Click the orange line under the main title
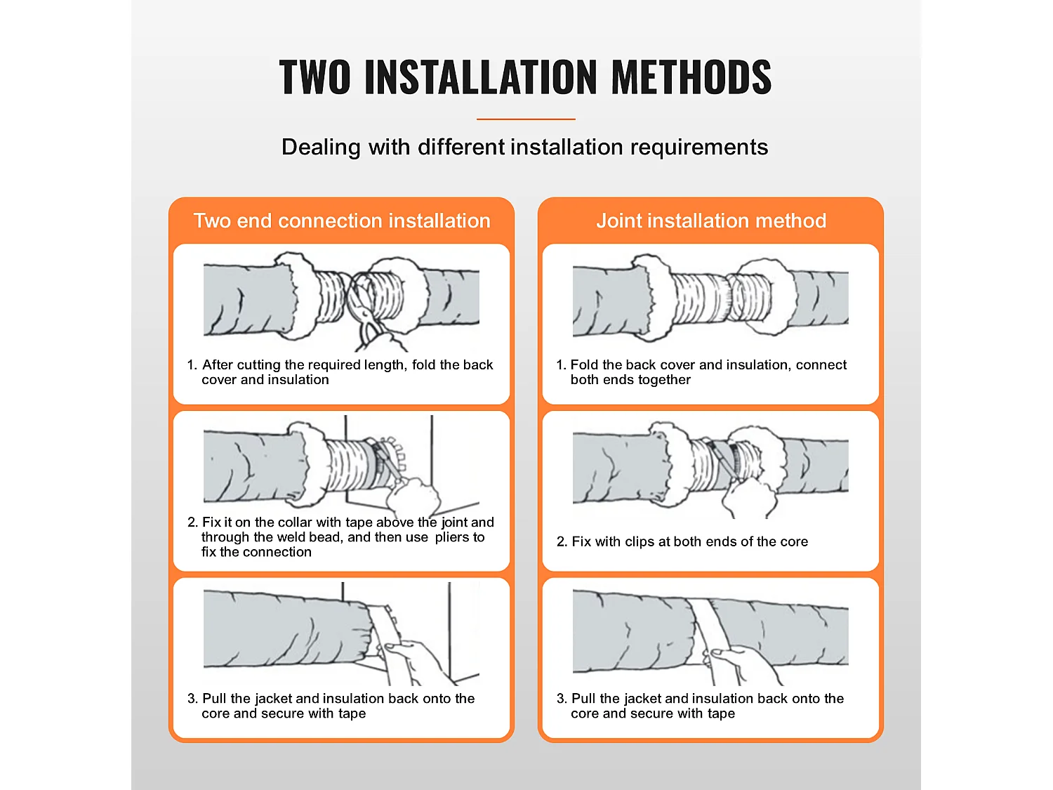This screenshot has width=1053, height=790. tap(526, 119)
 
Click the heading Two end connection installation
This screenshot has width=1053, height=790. tap(342, 220)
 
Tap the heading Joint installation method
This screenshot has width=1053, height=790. tap(711, 220)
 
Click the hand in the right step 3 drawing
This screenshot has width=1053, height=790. tap(743, 664)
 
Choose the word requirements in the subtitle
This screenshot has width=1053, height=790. tap(699, 147)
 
